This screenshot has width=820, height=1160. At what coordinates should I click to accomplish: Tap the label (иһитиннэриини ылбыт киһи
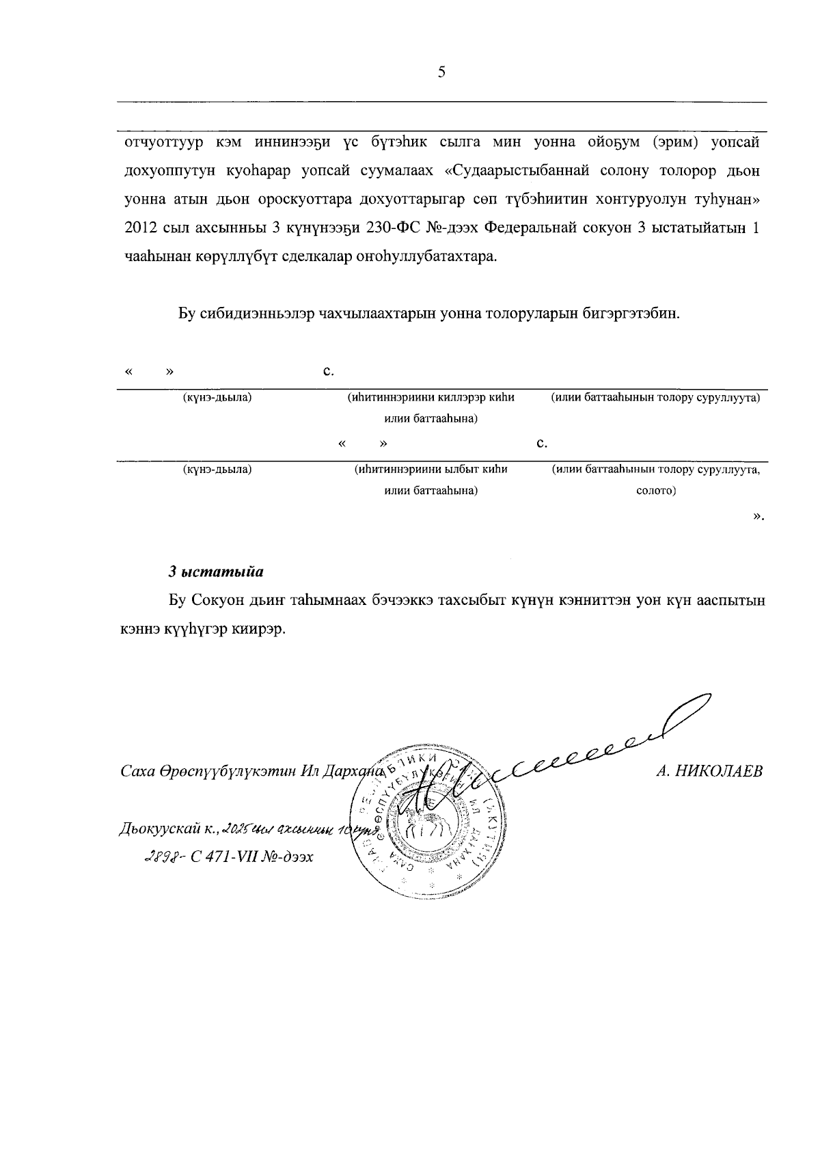(x=430, y=470)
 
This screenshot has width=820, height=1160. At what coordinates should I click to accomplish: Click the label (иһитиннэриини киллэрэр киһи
(x=430, y=397)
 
